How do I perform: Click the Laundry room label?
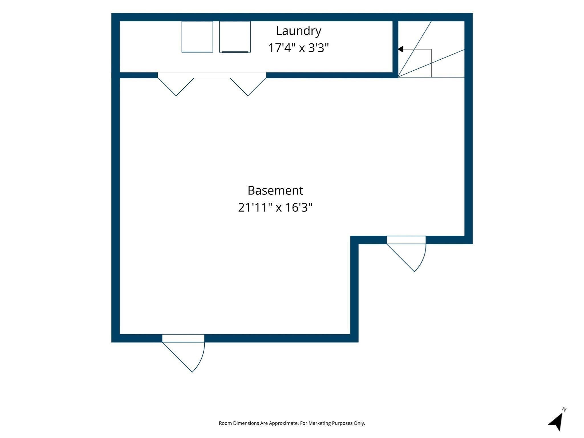coord(299,31)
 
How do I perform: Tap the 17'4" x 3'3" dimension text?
coord(299,48)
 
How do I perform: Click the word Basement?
coord(275,190)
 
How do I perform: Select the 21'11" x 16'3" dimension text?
coord(275,207)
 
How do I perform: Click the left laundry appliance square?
coord(197,37)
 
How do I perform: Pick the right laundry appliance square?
coord(235,37)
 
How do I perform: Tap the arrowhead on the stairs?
coord(400,49)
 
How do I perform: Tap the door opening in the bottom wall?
coord(183,338)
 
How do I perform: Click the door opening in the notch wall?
coord(406,240)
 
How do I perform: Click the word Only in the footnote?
coord(360,423)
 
